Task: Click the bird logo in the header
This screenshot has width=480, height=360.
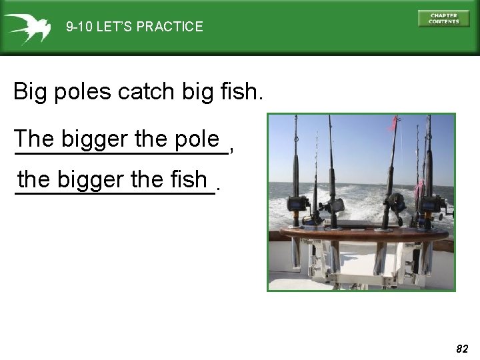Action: coord(27,27)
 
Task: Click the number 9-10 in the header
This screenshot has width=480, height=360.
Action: coord(79,27)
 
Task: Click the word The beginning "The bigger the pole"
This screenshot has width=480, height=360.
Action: coord(35,139)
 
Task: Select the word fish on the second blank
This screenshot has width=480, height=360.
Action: coord(189,179)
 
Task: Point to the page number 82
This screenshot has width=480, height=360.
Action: coord(462,349)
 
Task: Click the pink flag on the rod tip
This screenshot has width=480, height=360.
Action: coord(394,124)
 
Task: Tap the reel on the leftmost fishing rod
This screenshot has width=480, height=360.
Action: coord(297,203)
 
